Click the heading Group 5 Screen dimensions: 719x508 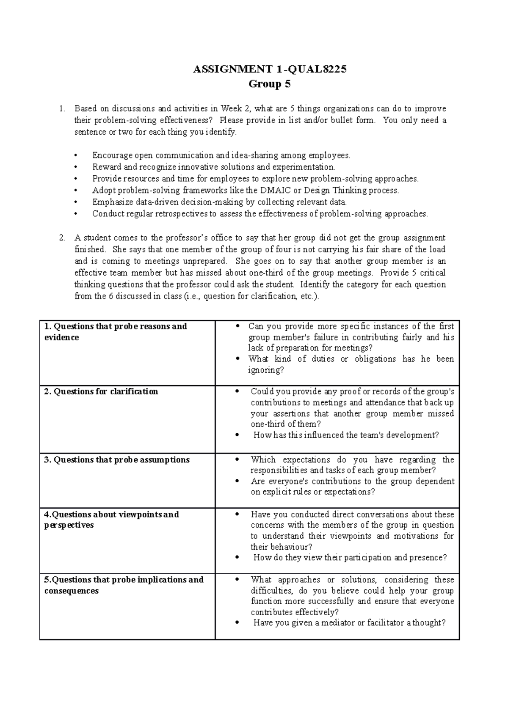pyautogui.click(x=270, y=84)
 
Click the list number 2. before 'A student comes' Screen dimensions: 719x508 pyautogui.click(x=62, y=238)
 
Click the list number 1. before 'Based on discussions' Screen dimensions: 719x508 pyautogui.click(x=62, y=109)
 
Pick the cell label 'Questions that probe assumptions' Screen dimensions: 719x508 pyautogui.click(x=116, y=460)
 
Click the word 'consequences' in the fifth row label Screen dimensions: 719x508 pyautogui.click(x=71, y=591)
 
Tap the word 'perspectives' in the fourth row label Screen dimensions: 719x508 pyautogui.click(x=69, y=525)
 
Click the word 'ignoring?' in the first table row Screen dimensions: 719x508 pyautogui.click(x=266, y=370)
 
